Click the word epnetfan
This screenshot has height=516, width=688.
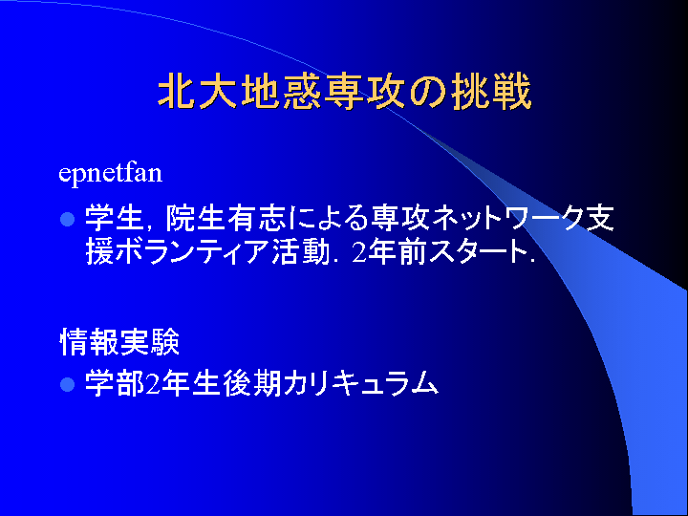click(110, 174)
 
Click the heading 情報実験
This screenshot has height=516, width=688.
click(119, 341)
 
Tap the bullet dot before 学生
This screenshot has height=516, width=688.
click(67, 219)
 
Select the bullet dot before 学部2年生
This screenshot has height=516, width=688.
click(67, 384)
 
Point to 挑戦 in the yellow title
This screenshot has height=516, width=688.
click(491, 92)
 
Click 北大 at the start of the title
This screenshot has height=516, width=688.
click(199, 92)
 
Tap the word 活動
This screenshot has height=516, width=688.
click(300, 252)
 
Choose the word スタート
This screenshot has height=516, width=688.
click(478, 252)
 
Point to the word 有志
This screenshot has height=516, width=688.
click(255, 218)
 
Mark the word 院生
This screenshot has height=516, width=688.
click(194, 218)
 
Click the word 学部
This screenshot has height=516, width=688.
click(115, 384)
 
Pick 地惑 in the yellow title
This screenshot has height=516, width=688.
click(280, 92)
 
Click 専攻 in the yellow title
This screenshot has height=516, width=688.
click(364, 92)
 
